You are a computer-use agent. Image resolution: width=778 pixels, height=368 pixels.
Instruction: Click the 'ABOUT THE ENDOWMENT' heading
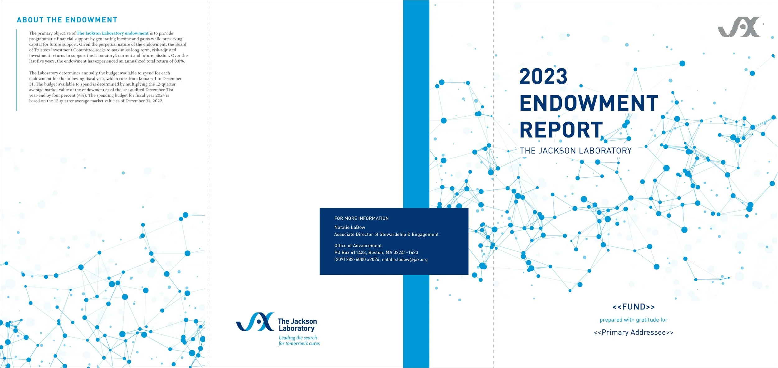click(67, 20)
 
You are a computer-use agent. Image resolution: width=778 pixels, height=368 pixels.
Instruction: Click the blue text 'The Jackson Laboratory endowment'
click(112, 33)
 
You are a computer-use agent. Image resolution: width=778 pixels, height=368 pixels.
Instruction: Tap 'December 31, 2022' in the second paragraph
click(144, 101)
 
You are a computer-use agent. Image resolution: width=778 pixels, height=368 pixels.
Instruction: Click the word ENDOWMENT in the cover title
click(589, 103)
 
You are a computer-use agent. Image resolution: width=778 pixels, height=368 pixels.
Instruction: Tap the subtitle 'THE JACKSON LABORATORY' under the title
click(575, 151)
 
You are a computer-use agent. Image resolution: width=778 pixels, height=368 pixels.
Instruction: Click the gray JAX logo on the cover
click(739, 27)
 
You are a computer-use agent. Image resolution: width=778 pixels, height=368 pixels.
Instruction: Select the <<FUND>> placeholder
click(634, 307)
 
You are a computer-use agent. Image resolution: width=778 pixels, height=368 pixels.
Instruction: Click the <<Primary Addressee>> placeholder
click(634, 333)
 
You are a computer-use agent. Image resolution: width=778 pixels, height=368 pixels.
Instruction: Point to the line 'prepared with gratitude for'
click(634, 320)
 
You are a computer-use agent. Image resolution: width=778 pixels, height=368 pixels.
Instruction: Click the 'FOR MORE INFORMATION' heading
click(361, 218)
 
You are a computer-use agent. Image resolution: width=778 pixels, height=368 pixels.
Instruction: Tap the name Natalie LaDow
click(349, 227)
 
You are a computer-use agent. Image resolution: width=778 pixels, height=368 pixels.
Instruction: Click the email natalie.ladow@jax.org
click(405, 259)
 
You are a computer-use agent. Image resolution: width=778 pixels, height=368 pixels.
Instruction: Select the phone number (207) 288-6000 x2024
click(357, 259)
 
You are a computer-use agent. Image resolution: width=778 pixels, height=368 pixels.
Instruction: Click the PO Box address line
click(376, 253)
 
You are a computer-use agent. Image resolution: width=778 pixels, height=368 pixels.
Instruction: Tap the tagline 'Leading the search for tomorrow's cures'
click(299, 341)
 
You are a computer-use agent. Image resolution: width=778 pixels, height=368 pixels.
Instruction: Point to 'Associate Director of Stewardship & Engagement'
click(386, 235)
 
